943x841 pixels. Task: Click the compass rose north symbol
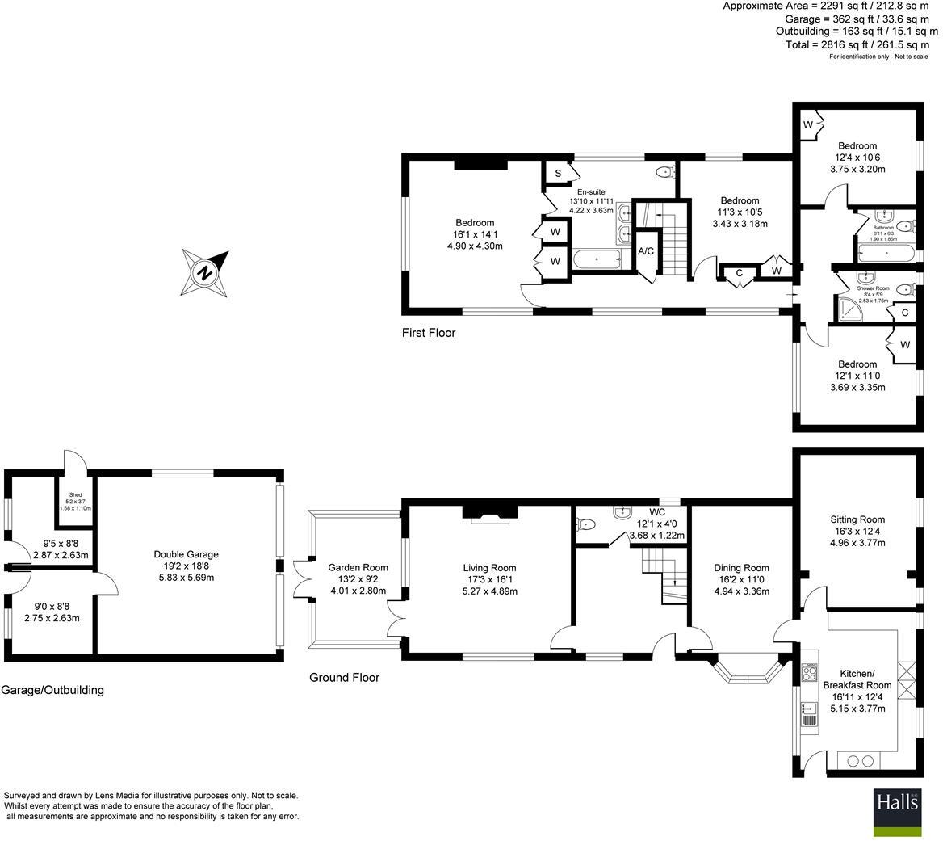[x=206, y=271]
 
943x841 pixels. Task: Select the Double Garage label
[x=186, y=554]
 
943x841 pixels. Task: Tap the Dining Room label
[x=741, y=567]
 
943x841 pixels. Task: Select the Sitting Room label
[x=857, y=519]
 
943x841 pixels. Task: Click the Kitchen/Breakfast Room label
[x=857, y=679]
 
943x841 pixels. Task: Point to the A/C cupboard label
[x=646, y=251]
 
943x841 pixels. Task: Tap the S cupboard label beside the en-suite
[x=557, y=174]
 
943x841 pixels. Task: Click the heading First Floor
[x=429, y=333]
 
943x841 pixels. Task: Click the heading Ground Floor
[x=344, y=678]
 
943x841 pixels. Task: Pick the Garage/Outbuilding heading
[x=53, y=690]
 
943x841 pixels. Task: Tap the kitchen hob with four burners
[x=810, y=672]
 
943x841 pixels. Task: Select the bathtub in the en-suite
[x=597, y=259]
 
